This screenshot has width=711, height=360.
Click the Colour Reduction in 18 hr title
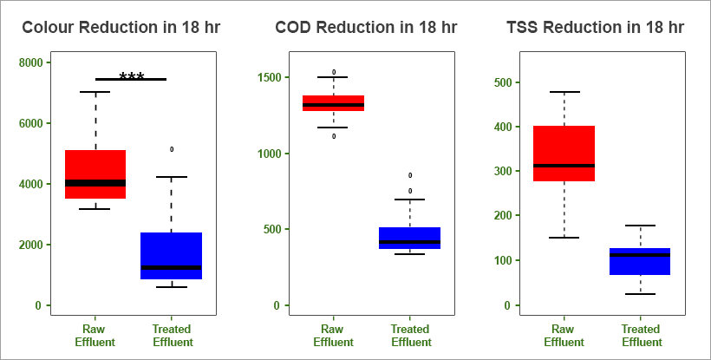121,28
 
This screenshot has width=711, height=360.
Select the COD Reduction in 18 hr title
366,28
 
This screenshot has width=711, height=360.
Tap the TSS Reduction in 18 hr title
595,28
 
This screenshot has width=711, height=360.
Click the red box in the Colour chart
95,165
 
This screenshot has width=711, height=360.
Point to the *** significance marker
132,77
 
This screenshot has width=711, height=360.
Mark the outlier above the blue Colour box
172,149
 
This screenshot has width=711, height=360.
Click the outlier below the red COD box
334,136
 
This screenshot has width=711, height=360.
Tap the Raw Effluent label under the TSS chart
564,336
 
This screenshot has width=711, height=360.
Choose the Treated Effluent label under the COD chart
409,336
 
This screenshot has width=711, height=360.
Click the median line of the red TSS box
564,165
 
